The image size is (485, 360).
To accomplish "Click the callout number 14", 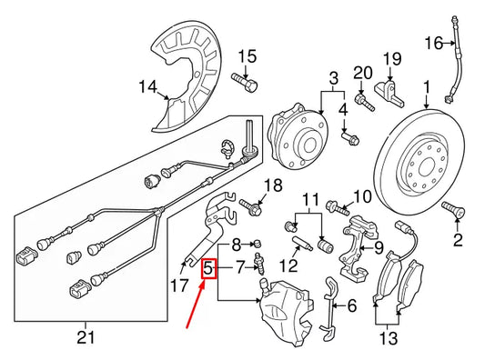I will (147, 87).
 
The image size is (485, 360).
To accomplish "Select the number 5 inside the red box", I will (208, 268).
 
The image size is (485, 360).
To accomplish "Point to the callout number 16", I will (432, 42).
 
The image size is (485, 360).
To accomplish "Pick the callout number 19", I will (391, 60).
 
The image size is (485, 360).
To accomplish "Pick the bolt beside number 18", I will (252, 211).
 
